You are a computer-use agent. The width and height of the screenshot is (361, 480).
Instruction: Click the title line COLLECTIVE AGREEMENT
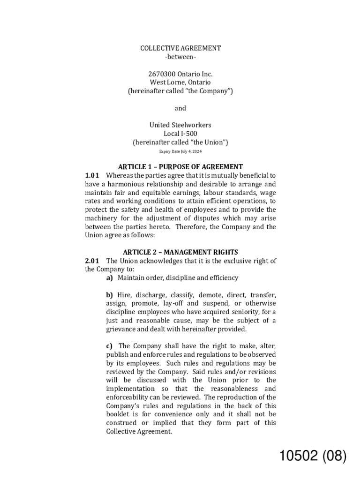(x=180, y=48)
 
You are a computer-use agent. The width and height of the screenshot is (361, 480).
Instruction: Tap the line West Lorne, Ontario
(x=180, y=82)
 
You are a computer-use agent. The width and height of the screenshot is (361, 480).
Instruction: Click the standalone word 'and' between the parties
(x=180, y=108)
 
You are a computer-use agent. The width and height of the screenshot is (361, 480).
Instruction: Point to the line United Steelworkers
(x=180, y=125)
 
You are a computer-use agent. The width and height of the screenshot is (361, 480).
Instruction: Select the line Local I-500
(x=180, y=134)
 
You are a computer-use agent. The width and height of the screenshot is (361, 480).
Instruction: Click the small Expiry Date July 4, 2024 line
(x=180, y=151)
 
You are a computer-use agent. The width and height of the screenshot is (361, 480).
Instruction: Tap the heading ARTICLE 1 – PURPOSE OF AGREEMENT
(x=180, y=167)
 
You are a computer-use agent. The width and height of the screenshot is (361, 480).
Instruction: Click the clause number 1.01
(x=92, y=175)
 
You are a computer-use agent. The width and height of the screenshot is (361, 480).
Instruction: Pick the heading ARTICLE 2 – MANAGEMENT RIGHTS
(x=180, y=252)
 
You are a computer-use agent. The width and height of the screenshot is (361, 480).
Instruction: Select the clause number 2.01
(x=92, y=261)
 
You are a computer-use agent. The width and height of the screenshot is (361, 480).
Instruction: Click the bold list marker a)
(x=110, y=278)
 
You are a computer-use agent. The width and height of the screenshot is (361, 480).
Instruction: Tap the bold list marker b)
(x=110, y=295)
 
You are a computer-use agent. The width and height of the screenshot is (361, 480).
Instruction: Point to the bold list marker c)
(x=109, y=346)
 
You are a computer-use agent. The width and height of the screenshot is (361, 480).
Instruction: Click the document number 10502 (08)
(x=313, y=456)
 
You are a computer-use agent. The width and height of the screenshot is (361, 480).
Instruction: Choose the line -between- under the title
(x=180, y=57)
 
